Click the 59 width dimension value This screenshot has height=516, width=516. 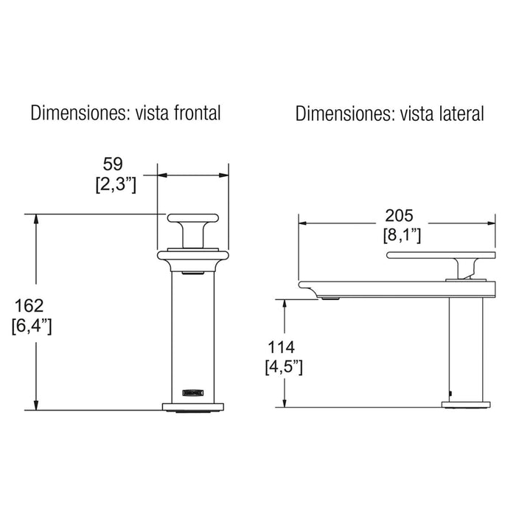coord(113,164)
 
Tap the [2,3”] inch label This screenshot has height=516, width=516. coord(116,184)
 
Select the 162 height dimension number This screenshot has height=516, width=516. coord(29,306)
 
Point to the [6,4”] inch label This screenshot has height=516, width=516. coord(32,326)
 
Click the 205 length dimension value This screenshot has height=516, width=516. coord(399,216)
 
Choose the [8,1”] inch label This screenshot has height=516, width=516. coord(402,236)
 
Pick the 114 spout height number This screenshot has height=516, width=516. coord(281,347)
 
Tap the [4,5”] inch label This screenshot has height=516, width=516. coord(284,367)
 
